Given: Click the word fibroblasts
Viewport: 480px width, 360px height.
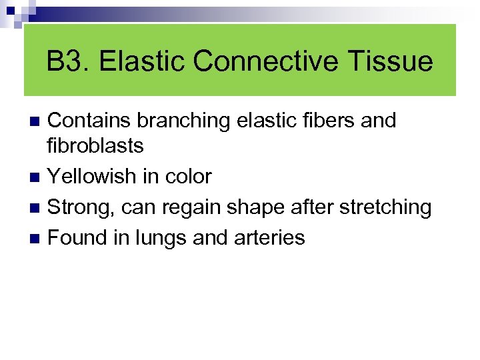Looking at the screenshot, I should (x=96, y=146).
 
